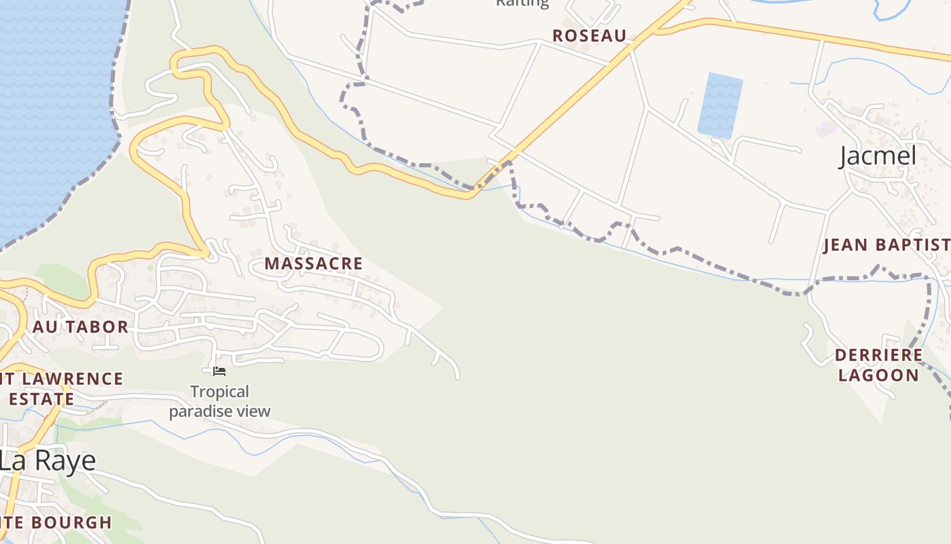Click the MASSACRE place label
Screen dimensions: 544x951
(x=313, y=263)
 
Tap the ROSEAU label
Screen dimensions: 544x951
(x=589, y=36)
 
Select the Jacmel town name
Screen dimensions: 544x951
(x=878, y=156)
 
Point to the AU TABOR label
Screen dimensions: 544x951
(x=80, y=327)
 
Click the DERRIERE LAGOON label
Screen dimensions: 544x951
(x=878, y=365)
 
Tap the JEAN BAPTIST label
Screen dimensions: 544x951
(x=886, y=245)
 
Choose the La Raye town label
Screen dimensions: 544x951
(x=48, y=461)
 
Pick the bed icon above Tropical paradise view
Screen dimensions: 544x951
(x=219, y=371)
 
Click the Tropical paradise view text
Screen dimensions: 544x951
(x=219, y=401)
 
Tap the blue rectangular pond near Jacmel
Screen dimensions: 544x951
(x=720, y=105)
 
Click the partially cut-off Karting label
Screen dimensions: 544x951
(x=522, y=3)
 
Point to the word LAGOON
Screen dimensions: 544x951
(x=878, y=375)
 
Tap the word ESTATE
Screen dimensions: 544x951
(x=41, y=398)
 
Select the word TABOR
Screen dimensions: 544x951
(x=96, y=327)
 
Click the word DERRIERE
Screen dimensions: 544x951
(x=878, y=356)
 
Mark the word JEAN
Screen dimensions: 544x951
(x=846, y=245)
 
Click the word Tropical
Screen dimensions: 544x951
(x=219, y=392)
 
